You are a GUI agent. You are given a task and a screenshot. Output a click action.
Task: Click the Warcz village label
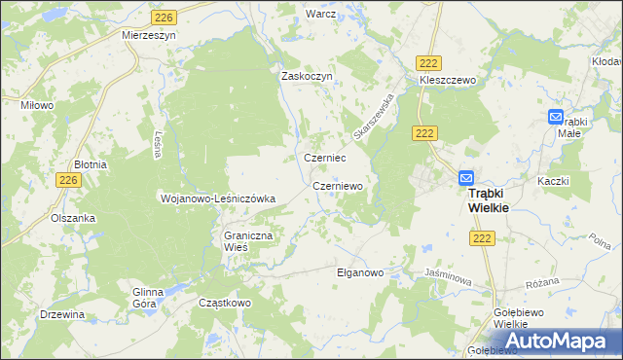320,15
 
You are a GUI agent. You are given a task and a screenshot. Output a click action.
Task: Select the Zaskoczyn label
308,76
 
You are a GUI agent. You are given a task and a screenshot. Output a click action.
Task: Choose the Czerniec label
325,158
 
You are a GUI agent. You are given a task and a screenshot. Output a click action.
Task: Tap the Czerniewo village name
338,185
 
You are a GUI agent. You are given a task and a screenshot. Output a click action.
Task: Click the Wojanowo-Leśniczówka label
218,198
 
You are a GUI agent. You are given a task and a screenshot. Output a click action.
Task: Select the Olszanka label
74,218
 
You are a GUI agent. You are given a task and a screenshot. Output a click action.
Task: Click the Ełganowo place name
360,272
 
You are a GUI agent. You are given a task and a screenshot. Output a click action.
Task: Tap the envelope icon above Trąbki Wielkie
466,179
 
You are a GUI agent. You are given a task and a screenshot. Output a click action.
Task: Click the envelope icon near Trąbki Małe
555,117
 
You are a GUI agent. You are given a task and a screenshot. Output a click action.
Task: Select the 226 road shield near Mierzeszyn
164,17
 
